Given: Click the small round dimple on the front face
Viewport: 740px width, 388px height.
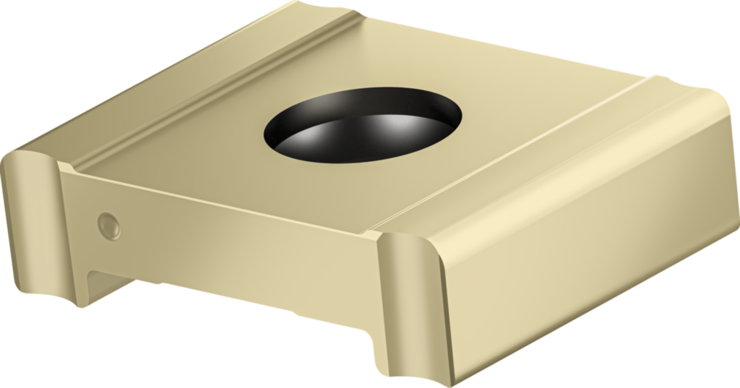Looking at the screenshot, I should (108, 226).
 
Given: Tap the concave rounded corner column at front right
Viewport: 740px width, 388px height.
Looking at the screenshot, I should (408, 303).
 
